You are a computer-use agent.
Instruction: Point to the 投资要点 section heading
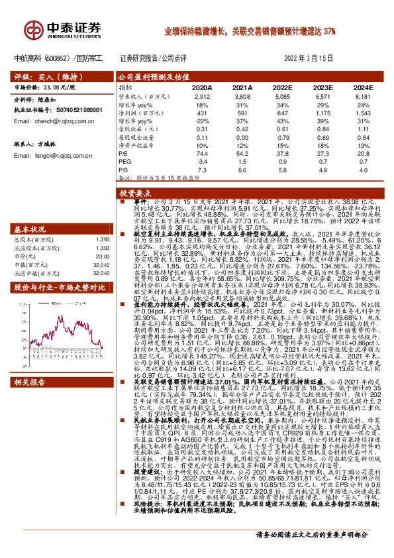pyautogui.click(x=137, y=193)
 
